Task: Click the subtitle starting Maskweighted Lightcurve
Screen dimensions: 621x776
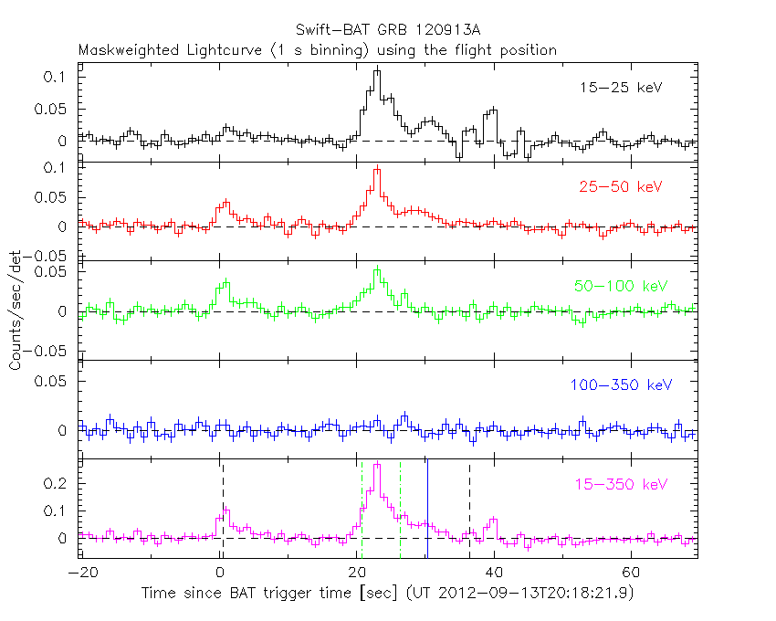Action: pyautogui.click(x=318, y=50)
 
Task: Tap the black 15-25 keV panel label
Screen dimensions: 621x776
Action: pyautogui.click(x=621, y=89)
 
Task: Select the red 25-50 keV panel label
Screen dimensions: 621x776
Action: pyautogui.click(x=620, y=187)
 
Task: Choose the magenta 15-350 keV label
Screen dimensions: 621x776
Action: pyautogui.click(x=622, y=484)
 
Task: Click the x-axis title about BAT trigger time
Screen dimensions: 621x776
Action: pyautogui.click(x=387, y=594)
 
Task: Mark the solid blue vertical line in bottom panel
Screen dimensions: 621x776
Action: pyautogui.click(x=427, y=511)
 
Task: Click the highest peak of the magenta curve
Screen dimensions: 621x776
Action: pyautogui.click(x=377, y=464)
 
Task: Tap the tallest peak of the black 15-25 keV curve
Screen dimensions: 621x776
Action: pyautogui.click(x=377, y=69)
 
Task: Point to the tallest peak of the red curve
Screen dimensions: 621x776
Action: pyautogui.click(x=377, y=169)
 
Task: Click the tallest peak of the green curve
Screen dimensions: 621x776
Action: pyautogui.click(x=377, y=269)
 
